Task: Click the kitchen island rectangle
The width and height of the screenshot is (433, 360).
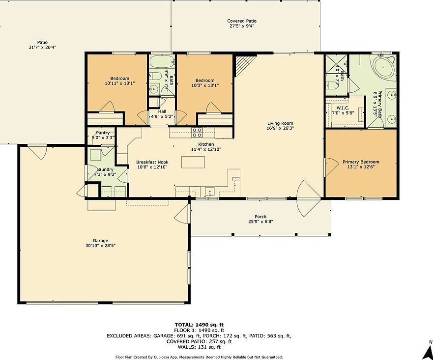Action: tap(192, 162)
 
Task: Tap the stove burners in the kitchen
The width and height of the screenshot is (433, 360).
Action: tap(197, 132)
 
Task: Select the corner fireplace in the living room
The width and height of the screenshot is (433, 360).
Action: tap(243, 64)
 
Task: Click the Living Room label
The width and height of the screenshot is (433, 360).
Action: tap(280, 123)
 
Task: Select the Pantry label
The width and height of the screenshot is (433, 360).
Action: tap(103, 133)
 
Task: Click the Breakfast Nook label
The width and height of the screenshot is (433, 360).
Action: tap(152, 162)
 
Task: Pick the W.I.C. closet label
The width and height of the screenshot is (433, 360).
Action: tap(342, 108)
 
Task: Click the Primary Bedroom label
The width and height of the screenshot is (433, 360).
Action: tap(361, 162)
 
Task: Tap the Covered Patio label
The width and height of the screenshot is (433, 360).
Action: tap(242, 21)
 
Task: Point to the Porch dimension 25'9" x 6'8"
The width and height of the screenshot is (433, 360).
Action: tap(260, 222)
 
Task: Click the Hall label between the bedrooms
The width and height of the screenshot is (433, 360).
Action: tap(162, 111)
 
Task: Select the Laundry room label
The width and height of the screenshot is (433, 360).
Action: tap(104, 169)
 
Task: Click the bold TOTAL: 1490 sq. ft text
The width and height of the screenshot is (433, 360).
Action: tap(199, 325)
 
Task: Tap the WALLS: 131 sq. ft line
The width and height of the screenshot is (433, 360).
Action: tap(199, 347)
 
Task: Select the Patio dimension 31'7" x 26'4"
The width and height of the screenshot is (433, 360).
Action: tap(42, 48)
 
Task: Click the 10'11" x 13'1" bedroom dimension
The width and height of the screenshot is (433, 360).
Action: tap(119, 83)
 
